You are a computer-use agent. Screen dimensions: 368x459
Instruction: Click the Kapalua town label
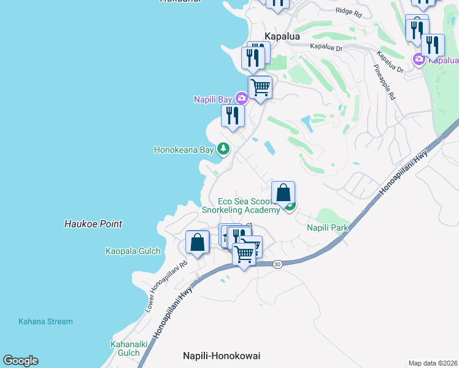(x=282, y=37)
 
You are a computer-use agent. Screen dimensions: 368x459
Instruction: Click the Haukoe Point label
(x=93, y=224)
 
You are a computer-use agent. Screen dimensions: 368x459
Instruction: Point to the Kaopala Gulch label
(x=133, y=251)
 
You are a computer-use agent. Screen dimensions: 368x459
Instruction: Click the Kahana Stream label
(x=45, y=321)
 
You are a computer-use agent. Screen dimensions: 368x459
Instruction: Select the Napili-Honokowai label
(x=222, y=356)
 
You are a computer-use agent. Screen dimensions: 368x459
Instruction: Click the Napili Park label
(x=327, y=228)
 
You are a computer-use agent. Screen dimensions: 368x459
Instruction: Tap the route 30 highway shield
(x=277, y=264)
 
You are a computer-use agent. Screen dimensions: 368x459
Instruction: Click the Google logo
(x=20, y=361)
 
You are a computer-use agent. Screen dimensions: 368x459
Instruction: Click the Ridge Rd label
(x=349, y=11)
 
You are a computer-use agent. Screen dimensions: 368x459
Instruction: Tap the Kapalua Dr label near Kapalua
(x=325, y=47)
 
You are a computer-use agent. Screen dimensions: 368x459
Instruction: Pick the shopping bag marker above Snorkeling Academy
(x=283, y=192)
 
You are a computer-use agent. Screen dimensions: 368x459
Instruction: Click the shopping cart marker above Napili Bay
(x=260, y=87)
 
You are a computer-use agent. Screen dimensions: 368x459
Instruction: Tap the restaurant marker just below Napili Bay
(x=233, y=115)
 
